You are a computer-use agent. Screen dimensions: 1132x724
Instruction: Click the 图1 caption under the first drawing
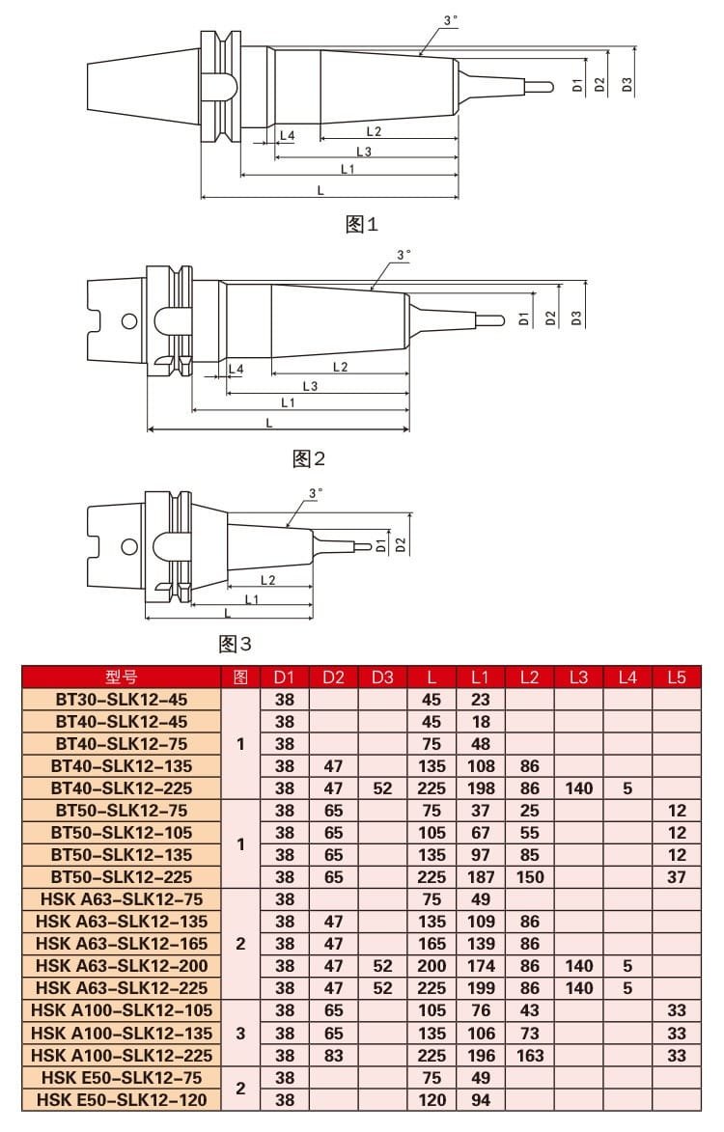coord(362,225)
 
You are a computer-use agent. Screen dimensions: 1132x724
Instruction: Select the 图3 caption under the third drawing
coord(236,644)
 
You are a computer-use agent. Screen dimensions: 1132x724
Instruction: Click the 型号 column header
coord(122,676)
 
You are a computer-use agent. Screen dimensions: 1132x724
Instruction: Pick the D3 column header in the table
coord(382,676)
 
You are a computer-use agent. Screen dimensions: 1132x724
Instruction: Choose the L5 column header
coord(676,676)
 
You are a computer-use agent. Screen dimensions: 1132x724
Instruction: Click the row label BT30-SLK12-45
coord(122,699)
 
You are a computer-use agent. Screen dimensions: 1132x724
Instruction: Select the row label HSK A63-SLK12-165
coord(122,943)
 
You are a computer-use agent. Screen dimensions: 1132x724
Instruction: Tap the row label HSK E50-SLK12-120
coord(122,1099)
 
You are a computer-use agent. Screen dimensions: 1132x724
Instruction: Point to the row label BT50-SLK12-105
coord(122,832)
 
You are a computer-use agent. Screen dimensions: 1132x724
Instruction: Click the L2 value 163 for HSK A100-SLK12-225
coord(529,1055)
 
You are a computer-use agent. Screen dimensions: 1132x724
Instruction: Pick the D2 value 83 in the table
coord(333,1055)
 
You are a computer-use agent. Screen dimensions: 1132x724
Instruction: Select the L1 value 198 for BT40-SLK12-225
coord(480,787)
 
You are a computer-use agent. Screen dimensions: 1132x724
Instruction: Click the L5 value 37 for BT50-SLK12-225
coord(676,876)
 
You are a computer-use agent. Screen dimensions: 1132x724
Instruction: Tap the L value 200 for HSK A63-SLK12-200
coord(432,965)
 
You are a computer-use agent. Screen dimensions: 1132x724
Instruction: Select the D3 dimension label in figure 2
coord(576,317)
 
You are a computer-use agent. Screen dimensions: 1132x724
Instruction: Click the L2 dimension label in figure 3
coord(267,580)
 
